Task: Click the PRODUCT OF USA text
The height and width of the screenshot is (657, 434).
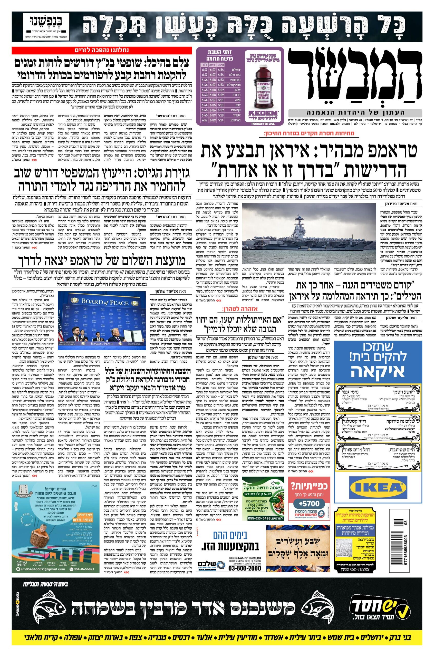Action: (x=262, y=124)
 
